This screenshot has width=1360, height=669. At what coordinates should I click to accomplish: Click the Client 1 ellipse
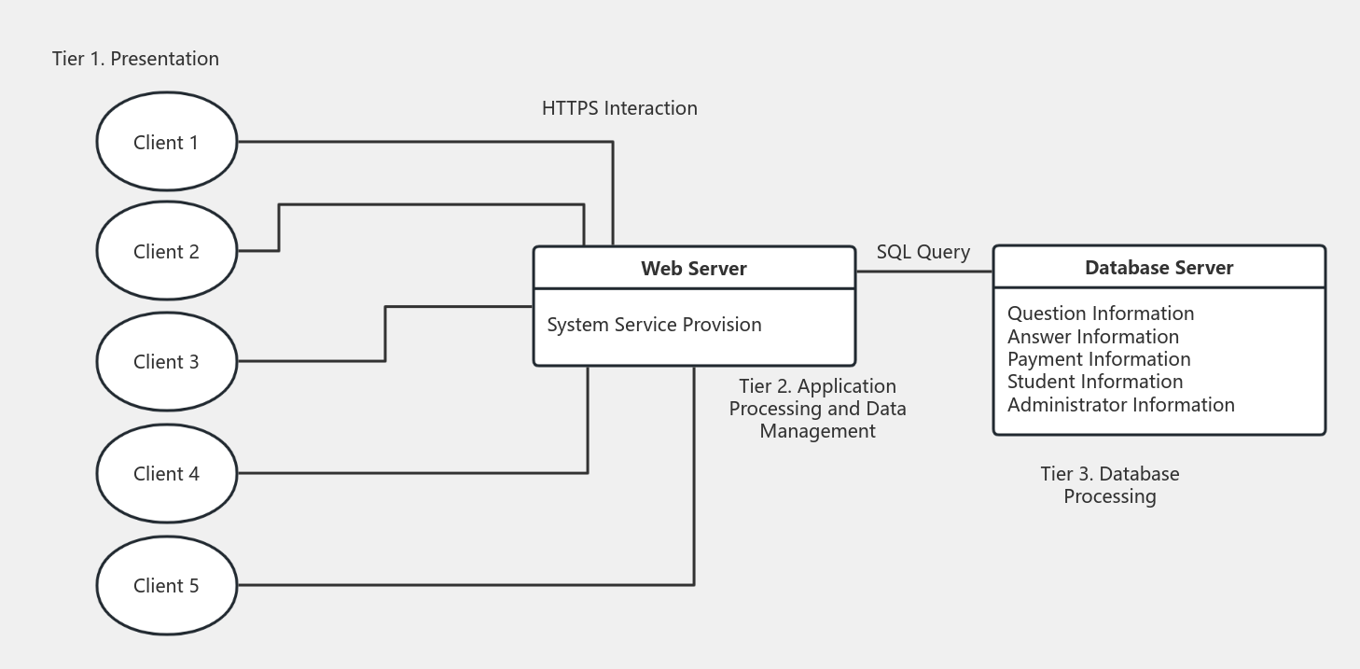coord(166,142)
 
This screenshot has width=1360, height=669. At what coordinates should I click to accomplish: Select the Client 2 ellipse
coord(166,251)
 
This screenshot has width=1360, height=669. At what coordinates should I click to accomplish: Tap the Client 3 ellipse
coord(166,361)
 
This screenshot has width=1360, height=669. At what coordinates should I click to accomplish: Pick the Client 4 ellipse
coord(166,473)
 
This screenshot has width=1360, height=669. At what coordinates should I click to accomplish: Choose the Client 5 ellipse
coord(166,585)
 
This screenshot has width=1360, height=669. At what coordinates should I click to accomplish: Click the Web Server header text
coord(693,269)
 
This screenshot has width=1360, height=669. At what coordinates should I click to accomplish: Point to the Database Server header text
coord(1159,268)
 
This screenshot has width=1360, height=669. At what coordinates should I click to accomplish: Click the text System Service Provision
coord(654,325)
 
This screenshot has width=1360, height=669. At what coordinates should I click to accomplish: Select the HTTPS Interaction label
coord(619,108)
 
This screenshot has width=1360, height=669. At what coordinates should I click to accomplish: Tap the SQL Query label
coord(923,252)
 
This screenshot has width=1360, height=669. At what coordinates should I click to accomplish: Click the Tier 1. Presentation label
coord(135,59)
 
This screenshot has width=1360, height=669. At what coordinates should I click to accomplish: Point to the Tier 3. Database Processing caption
coord(1109,485)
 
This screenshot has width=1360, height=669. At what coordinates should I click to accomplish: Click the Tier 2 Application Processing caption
coord(817,409)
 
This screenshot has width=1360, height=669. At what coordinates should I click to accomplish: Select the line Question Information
coord(1100,314)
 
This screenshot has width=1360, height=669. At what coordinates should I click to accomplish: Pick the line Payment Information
coord(1098,359)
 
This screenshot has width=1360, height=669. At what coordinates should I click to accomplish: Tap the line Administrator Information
coord(1120,405)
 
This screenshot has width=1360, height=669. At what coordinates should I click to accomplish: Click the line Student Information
coord(1094,382)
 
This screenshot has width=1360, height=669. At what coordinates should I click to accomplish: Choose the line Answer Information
coord(1092,337)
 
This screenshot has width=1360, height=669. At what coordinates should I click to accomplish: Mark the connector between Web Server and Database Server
coord(923,272)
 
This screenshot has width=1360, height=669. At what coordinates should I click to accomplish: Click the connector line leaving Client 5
coord(466,585)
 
